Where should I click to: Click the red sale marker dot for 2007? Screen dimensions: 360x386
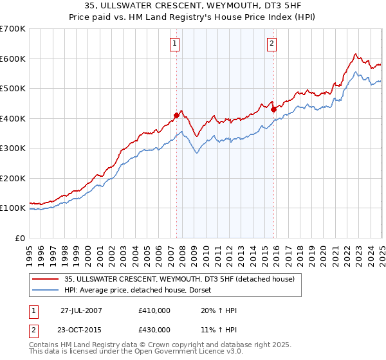point(176,116)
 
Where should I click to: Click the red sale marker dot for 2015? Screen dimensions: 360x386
point(273,109)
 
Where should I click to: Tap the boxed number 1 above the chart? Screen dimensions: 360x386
point(175,44)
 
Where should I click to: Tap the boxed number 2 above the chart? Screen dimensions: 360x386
point(271,44)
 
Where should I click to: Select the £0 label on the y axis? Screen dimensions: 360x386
point(21,238)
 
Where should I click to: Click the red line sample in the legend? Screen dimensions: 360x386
point(45,279)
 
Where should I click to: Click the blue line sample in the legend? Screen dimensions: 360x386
point(45,291)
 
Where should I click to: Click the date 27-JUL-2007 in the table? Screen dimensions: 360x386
point(81,311)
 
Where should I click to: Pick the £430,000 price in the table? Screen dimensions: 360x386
point(154,330)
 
